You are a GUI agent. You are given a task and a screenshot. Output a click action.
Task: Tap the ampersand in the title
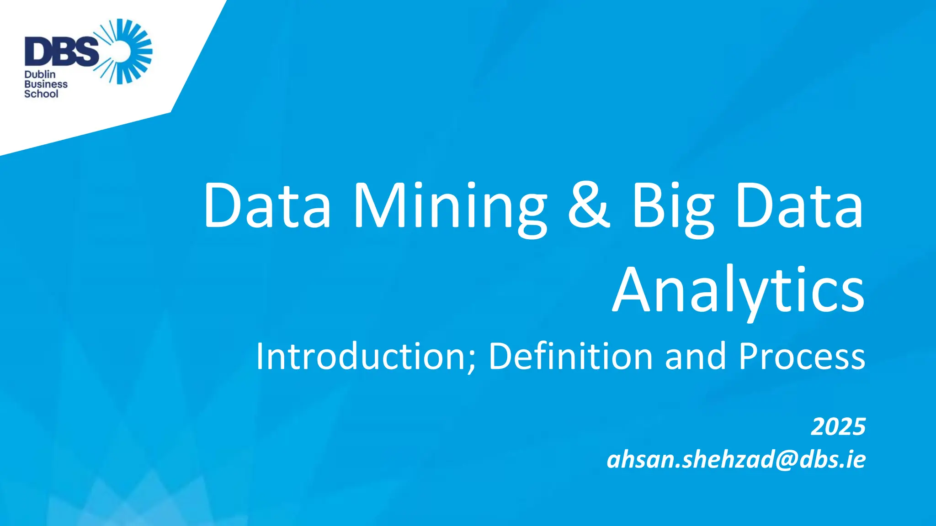(589, 205)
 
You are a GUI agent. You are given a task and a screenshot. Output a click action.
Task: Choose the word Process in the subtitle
(802, 356)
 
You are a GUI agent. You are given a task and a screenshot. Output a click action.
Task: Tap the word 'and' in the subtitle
(695, 356)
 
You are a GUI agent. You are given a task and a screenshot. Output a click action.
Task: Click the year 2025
(838, 427)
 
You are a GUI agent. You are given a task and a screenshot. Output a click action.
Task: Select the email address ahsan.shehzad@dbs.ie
(736, 459)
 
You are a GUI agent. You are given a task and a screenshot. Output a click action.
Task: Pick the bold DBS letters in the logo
(61, 51)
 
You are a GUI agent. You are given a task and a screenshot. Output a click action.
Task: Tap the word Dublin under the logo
(40, 74)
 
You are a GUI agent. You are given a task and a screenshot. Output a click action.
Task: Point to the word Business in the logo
(46, 84)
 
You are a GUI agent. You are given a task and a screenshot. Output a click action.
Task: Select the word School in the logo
(41, 94)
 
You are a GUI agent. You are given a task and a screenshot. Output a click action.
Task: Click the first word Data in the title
(267, 205)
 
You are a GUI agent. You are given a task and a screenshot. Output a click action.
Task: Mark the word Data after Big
(799, 205)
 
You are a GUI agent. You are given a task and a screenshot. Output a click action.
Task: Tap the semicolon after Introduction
(472, 361)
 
